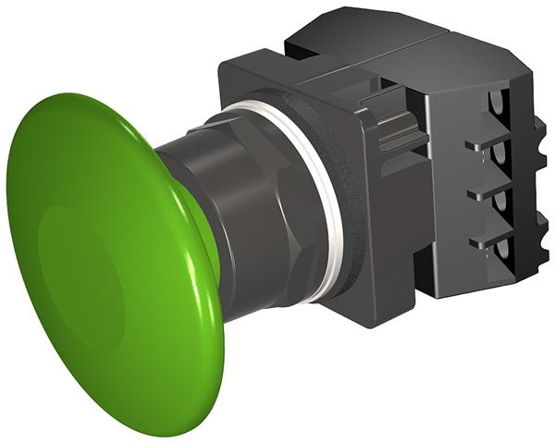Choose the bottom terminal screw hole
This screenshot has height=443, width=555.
coord(505,253)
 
